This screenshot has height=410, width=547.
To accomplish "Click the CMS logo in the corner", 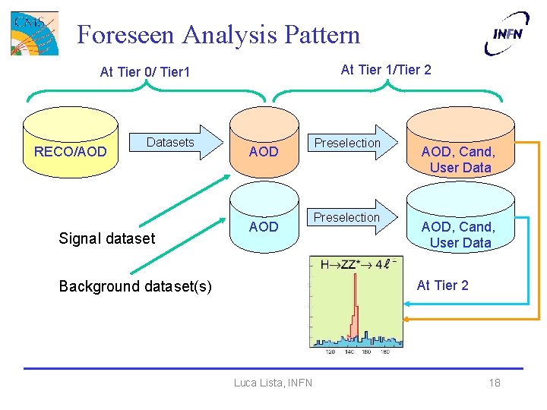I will [34, 33].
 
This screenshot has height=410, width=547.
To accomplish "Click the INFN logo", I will [507, 33].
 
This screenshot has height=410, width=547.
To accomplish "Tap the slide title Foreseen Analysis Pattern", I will [219, 34].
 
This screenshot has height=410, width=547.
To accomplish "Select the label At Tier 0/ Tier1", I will [145, 72].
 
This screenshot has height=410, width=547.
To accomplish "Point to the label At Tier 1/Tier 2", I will [386, 70].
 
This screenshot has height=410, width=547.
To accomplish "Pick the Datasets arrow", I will [179, 143].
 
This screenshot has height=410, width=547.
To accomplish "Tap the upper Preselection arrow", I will [350, 143].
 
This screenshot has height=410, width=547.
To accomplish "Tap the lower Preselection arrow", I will [350, 218].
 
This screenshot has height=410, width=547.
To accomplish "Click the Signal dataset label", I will [106, 238].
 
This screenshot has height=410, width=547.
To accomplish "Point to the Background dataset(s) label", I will [135, 286].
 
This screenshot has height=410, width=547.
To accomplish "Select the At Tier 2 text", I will [442, 285].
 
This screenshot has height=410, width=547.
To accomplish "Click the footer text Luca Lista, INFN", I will [273, 383].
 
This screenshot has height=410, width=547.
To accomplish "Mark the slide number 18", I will [495, 383].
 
